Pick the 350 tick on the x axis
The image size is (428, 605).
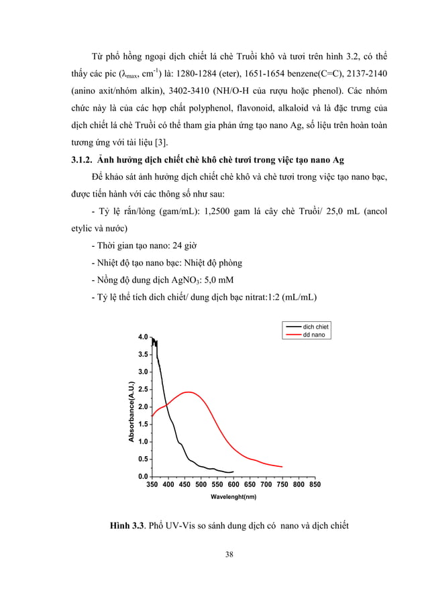coord(152,484)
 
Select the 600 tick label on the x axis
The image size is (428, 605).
coord(233,484)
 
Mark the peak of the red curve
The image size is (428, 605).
coord(188,392)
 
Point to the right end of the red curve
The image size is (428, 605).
coord(282,467)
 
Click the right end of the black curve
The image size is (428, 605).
coord(233,472)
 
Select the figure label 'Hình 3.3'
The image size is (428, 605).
coord(129,524)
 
